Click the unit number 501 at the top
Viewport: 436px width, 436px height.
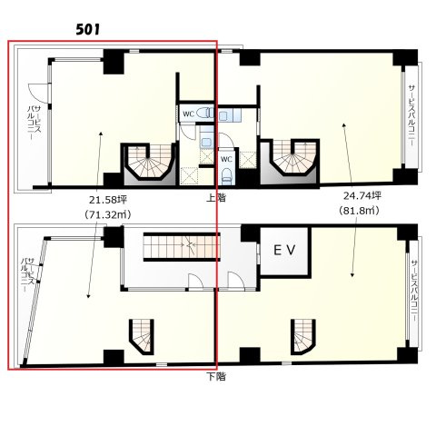pos(88,30)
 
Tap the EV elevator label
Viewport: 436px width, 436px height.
pos(284,250)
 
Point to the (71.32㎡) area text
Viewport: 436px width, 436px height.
pos(108,214)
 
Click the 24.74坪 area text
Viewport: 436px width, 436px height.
pos(362,195)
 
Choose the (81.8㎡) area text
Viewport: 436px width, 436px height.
pos(359,210)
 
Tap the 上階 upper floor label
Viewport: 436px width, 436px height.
pos(216,198)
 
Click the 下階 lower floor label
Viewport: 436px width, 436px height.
pos(216,376)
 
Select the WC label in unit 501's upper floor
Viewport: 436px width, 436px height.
pos(188,114)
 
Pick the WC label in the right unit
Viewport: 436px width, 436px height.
pos(226,159)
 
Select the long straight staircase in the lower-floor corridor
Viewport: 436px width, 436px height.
pos(181,246)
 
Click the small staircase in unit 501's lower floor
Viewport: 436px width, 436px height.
pos(142,336)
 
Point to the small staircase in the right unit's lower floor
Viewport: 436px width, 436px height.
pos(303,336)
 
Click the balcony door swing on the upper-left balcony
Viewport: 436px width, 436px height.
pos(38,92)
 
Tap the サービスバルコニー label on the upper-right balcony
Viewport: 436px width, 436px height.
pos(411,115)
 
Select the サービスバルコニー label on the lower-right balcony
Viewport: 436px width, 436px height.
pos(414,292)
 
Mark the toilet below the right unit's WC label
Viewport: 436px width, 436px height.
pos(226,176)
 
